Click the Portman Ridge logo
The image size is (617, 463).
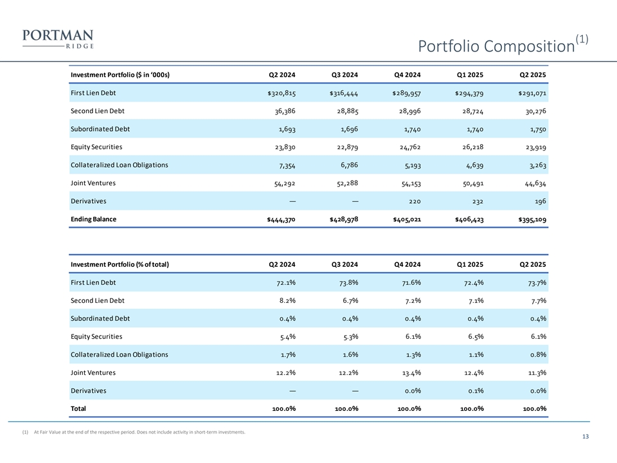click(x=58, y=39)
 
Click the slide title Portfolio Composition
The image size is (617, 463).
click(x=495, y=46)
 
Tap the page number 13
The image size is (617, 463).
click(x=586, y=437)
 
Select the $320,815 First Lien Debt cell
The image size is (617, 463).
click(x=281, y=93)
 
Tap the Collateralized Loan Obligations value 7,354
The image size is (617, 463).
click(x=283, y=165)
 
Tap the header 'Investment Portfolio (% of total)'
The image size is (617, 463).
click(x=120, y=264)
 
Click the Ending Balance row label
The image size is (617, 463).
click(x=93, y=219)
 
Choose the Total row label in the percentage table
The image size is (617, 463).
click(x=78, y=408)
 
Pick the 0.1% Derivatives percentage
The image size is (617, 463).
click(x=474, y=390)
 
